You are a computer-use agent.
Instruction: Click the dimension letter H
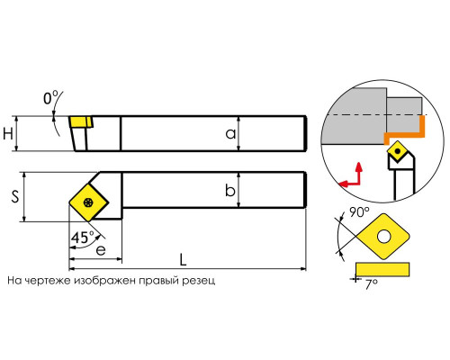click(8, 133)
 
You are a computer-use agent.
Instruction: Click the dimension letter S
click(15, 197)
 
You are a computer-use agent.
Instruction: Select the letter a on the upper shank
click(230, 134)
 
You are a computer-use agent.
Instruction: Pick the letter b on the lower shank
click(230, 190)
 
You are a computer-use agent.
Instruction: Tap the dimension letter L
click(183, 260)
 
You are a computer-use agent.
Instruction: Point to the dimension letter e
click(101, 250)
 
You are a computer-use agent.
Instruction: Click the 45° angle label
click(82, 238)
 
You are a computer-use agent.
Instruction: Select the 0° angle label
click(50, 98)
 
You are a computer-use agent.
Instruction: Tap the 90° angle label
click(359, 212)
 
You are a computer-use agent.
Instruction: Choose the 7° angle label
click(372, 284)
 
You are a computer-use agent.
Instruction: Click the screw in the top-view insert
click(88, 202)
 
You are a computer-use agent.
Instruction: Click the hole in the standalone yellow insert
click(383, 237)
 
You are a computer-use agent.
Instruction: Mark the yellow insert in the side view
click(80, 122)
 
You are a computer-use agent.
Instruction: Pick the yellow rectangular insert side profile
click(382, 269)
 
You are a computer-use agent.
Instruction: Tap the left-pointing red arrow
click(348, 183)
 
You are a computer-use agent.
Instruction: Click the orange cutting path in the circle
click(417, 132)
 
